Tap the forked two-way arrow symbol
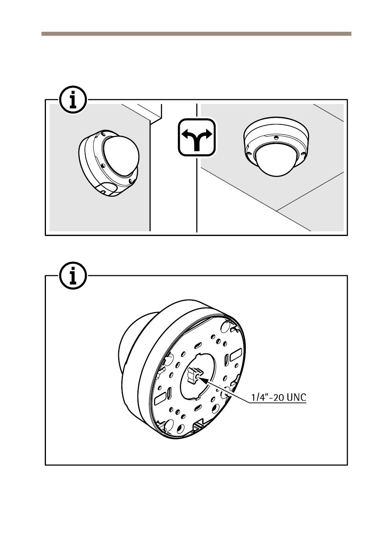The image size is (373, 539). [196, 138]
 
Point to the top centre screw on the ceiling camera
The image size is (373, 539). [276, 138]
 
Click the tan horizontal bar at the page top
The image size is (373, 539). [196, 34]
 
